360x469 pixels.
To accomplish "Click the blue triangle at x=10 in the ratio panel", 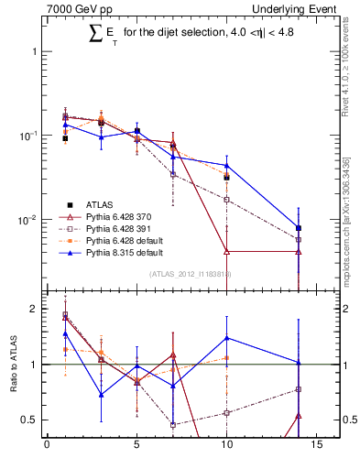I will click(x=226, y=338).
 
